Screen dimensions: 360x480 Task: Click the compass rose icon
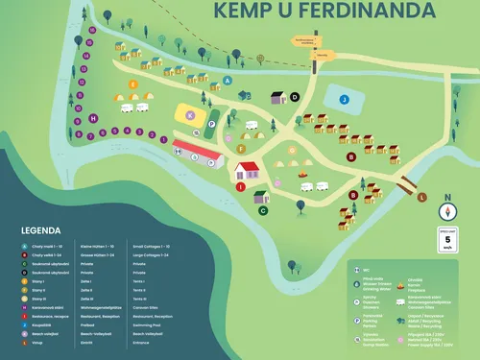coord(446,212)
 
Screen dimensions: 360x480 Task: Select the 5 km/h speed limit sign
coord(446,240)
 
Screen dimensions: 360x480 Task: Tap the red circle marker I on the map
coord(242,187)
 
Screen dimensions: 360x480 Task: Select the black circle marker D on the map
coord(296,96)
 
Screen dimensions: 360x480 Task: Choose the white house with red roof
coord(247,172)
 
